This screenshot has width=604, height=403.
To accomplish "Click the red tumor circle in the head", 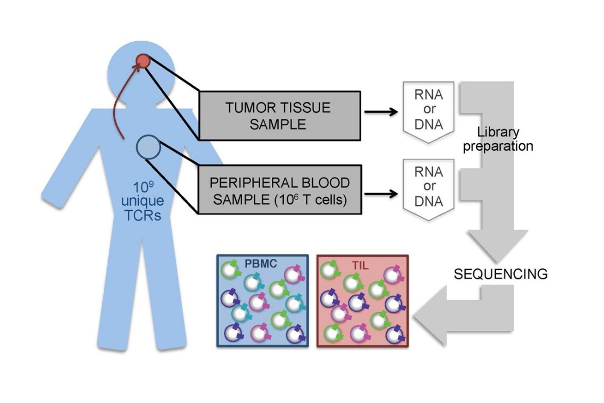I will click(x=143, y=60).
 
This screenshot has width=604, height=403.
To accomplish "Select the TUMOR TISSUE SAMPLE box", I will click(x=278, y=115).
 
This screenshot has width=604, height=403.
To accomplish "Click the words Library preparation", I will click(x=498, y=140).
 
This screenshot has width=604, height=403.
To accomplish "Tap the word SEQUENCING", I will click(x=500, y=274).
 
